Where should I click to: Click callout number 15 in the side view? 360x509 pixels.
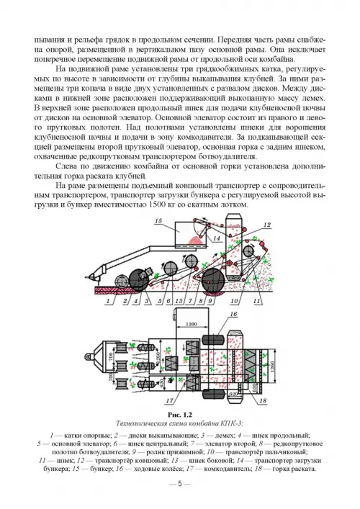pos(158,221)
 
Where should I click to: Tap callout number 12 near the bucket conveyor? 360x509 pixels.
pos(267,225)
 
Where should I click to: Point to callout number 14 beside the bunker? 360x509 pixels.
pos(217,238)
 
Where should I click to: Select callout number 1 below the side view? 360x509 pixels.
pos(108,301)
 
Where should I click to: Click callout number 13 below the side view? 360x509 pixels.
pos(179,301)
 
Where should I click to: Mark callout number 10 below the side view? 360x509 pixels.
pos(234,301)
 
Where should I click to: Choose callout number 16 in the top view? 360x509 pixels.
pos(233,314)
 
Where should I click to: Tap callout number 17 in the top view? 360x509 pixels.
pos(170,401)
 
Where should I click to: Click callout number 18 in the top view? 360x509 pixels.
pos(263,401)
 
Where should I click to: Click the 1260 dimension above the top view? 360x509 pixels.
pos(192,324)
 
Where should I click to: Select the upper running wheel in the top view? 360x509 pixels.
pos(213,341)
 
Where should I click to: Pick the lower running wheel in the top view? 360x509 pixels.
pos(213,394)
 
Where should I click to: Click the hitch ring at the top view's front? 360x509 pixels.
pos(88,356)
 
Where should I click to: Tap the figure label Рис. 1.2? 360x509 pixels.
pos(180,415)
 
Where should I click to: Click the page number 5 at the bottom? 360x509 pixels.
pos(180,484)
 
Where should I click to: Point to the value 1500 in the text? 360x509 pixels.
pos(156,205)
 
